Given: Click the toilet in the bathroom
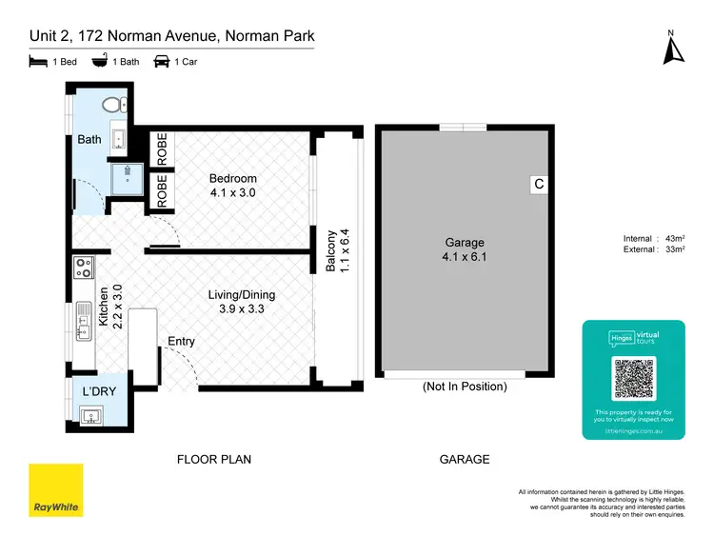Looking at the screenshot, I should pyautogui.click(x=114, y=105).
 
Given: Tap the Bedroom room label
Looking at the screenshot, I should pyautogui.click(x=233, y=178).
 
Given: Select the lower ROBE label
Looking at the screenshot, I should pyautogui.click(x=162, y=190).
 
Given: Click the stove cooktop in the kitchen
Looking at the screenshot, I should pyautogui.click(x=83, y=269).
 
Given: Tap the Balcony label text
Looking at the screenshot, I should pyautogui.click(x=331, y=251).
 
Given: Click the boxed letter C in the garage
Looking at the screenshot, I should pyautogui.click(x=539, y=186).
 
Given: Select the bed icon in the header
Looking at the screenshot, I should pyautogui.click(x=36, y=62).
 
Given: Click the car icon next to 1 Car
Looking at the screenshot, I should pyautogui.click(x=161, y=62).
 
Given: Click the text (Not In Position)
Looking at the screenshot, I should pyautogui.click(x=465, y=387).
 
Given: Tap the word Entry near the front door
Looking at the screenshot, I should pyautogui.click(x=182, y=341).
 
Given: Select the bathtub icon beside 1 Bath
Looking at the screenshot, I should pyautogui.click(x=98, y=62).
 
